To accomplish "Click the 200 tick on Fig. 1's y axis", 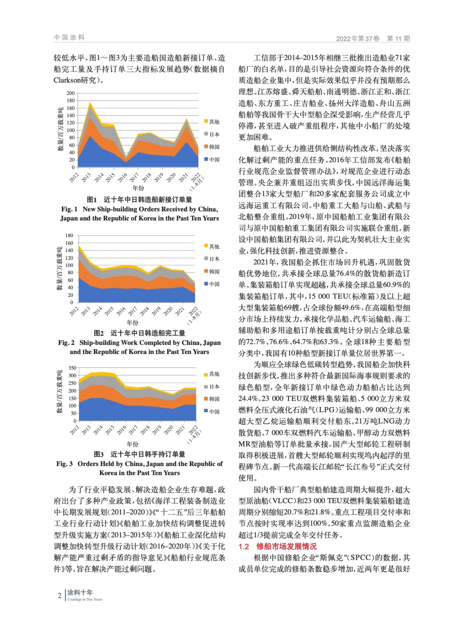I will [x=70, y=93].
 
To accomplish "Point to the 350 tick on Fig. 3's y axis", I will [x=72, y=368].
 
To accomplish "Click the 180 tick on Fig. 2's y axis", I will [x=69, y=236].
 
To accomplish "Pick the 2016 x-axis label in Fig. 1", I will [x=122, y=178].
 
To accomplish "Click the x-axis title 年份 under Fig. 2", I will [x=132, y=323].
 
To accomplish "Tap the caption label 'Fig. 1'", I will [x=69, y=209].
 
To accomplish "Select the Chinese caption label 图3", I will [x=99, y=454].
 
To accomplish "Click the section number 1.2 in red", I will [x=244, y=546].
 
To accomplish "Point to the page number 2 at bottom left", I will [x=59, y=596].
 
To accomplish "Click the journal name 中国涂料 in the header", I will [x=69, y=37].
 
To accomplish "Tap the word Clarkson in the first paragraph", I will [x=68, y=80].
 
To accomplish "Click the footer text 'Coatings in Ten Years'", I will [x=85, y=600].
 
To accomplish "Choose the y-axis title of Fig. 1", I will [x=61, y=129].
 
